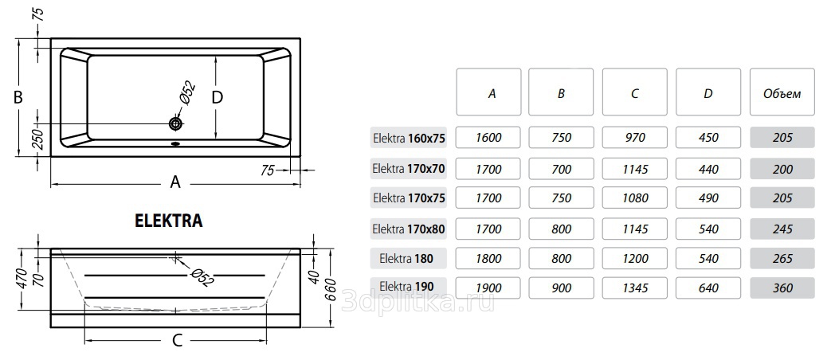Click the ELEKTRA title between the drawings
click(x=169, y=221)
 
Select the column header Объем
click(x=782, y=93)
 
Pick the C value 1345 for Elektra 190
click(x=634, y=288)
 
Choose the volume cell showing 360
click(x=782, y=288)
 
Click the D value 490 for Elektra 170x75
click(x=708, y=198)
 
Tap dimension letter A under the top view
click(x=175, y=182)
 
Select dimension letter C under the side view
click(x=177, y=340)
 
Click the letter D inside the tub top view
click(x=217, y=97)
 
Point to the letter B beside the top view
click(x=18, y=98)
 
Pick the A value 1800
click(x=488, y=259)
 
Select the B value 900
click(x=561, y=288)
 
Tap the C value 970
click(x=634, y=138)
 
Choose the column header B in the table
click(x=561, y=93)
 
